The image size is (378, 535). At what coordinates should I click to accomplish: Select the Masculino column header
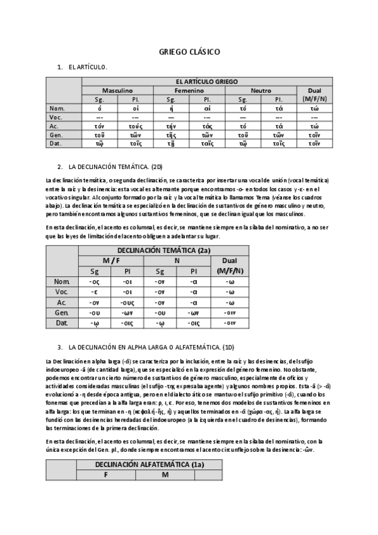point(117,91)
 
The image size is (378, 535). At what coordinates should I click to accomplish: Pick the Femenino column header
point(189,91)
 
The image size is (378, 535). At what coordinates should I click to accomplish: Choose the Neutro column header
point(261,91)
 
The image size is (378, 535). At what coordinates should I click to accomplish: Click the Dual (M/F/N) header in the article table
point(314,95)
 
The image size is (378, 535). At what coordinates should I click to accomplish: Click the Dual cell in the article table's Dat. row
point(314,143)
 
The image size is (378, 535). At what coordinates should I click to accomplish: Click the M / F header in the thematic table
point(110,261)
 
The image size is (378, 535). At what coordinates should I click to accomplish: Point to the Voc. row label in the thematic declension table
point(62,291)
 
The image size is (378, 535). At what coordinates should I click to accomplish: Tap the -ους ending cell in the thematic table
point(127,302)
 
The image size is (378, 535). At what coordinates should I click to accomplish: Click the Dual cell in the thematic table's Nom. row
point(230,281)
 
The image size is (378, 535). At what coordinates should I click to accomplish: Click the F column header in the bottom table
point(106,474)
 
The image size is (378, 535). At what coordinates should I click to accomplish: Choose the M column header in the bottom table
point(165,474)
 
